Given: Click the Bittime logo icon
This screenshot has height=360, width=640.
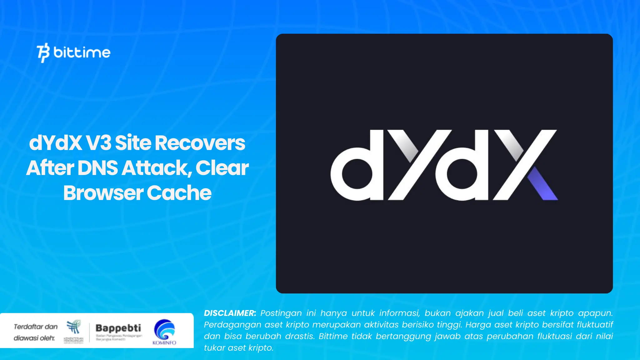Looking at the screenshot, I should click(x=43, y=52).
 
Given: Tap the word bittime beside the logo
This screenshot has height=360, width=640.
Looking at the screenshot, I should click(x=82, y=52).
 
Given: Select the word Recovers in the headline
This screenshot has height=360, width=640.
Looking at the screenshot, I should click(x=200, y=143).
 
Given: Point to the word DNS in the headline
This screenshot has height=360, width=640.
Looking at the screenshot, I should click(x=97, y=168).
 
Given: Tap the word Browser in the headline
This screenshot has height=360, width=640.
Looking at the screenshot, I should click(x=103, y=193).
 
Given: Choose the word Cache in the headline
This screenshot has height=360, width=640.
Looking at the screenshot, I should click(x=179, y=193).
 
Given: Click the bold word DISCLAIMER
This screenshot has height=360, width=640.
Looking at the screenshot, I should click(x=230, y=313).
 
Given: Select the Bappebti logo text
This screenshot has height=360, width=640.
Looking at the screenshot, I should click(x=118, y=328).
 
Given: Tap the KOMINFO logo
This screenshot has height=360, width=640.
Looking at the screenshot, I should click(x=164, y=331).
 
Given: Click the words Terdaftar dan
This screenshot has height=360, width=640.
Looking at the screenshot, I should click(x=36, y=327).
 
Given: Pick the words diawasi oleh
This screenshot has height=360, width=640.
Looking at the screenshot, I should click(x=34, y=338).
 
